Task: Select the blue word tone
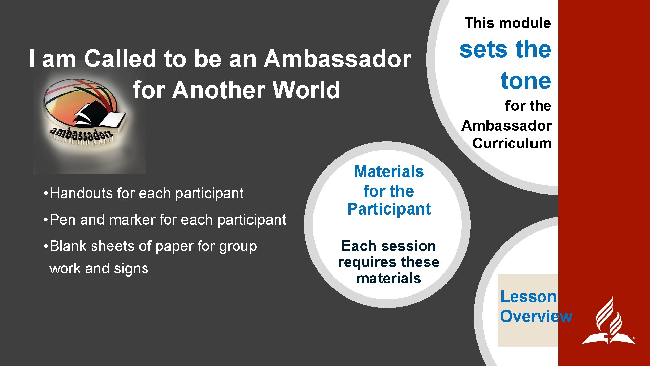click(526, 81)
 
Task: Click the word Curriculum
click(512, 143)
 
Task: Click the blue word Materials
click(389, 172)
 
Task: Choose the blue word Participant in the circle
click(389, 209)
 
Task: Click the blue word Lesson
click(528, 297)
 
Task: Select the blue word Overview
click(536, 317)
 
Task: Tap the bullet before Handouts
click(45, 194)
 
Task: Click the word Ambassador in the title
click(338, 59)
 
